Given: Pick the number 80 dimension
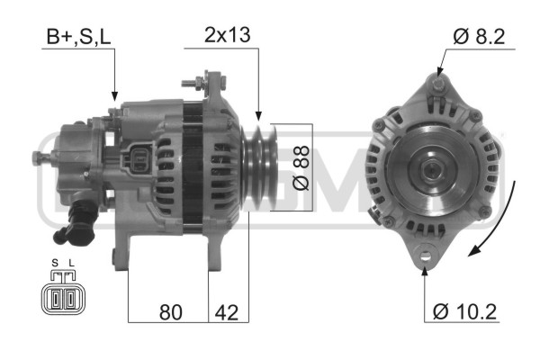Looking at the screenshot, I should [169, 312].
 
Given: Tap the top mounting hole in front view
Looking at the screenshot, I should [437, 84].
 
